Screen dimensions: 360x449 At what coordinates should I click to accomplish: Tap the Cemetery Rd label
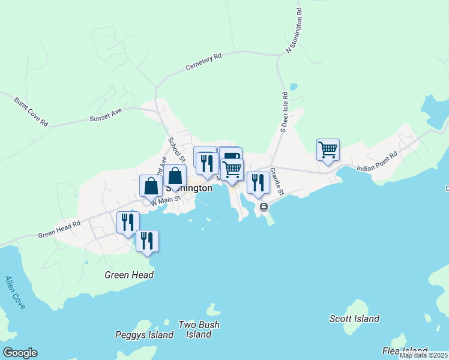(204, 61)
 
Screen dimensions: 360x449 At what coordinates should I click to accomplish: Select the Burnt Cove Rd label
(31, 112)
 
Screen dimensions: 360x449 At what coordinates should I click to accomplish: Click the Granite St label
(276, 181)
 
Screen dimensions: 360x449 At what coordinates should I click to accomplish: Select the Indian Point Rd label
(377, 162)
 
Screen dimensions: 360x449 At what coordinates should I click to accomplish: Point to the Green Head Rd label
(59, 229)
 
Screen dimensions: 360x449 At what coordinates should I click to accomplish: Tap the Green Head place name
(129, 275)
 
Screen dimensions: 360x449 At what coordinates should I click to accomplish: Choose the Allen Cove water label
(15, 292)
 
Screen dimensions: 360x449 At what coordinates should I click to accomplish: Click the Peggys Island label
(144, 335)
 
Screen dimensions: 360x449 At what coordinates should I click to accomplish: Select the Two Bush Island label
(199, 329)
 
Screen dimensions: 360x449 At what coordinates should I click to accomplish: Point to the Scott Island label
(354, 319)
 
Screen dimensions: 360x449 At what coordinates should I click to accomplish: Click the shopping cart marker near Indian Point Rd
(328, 150)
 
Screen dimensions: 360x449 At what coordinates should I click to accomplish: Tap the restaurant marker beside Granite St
(258, 183)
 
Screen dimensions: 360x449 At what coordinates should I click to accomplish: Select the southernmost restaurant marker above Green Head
(147, 241)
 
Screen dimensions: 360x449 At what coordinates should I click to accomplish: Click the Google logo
(20, 353)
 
